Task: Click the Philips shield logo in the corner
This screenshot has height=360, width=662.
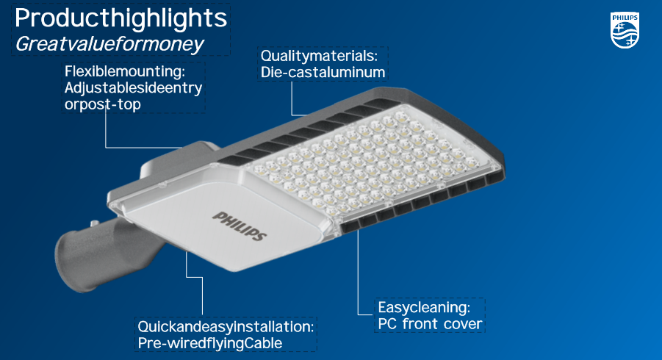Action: point(625,30)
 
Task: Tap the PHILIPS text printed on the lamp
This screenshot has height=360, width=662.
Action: point(240,226)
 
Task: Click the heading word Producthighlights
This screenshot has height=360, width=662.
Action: point(120,18)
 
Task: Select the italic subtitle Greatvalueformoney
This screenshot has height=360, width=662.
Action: point(109,44)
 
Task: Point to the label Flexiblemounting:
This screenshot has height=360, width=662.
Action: point(125,71)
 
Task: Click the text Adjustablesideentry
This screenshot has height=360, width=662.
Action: point(134,87)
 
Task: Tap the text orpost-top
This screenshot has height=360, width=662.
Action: point(103,104)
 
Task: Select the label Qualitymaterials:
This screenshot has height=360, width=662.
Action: point(319,56)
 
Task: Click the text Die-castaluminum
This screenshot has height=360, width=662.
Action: point(323,72)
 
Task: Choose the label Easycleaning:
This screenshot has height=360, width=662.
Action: point(424,307)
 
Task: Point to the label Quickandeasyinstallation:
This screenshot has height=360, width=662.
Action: point(226,327)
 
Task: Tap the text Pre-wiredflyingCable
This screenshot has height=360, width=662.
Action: point(210,343)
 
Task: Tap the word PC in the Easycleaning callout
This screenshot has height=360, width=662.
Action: point(387,324)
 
